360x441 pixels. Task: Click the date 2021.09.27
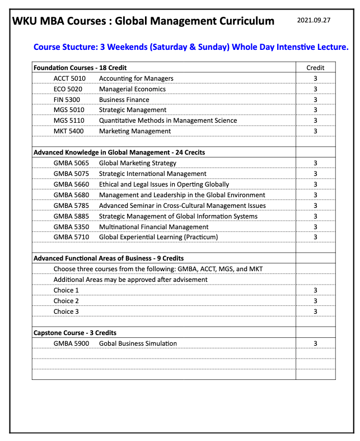tap(314, 20)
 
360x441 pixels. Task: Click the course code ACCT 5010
tap(69, 78)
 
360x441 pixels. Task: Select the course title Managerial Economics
tap(132, 89)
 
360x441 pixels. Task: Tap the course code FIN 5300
tap(67, 100)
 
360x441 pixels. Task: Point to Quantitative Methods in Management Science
tap(167, 120)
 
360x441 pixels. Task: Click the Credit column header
tap(315, 68)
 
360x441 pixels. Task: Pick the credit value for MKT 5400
tap(315, 131)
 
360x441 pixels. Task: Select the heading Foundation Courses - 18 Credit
tap(80, 68)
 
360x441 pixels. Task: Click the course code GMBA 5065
tap(71, 163)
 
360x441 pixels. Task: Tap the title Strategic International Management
tap(152, 174)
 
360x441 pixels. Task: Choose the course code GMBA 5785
tap(71, 206)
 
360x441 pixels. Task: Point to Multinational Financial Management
tap(153, 227)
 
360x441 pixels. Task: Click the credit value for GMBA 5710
tap(315, 237)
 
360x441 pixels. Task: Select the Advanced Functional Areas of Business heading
tap(109, 258)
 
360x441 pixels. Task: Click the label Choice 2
tap(66, 301)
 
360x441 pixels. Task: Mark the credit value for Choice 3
tap(315, 312)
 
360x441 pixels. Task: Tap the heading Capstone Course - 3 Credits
tap(75, 333)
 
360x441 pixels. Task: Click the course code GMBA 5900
tap(71, 343)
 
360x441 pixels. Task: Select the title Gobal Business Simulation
tap(138, 343)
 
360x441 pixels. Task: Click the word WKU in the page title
tap(25, 21)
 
